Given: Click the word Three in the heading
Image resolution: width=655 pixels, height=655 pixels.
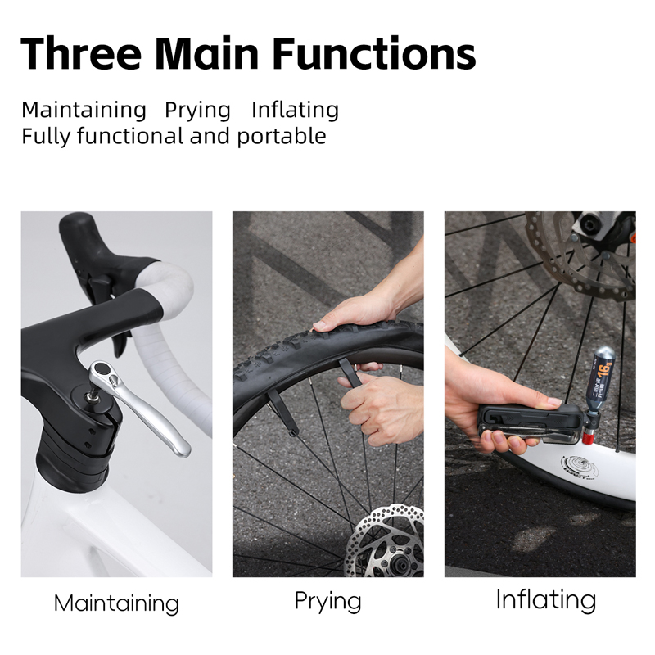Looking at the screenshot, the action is click(80, 53).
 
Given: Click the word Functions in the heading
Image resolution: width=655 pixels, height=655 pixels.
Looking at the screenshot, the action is click(375, 53).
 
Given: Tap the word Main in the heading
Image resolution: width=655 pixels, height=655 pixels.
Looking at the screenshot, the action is click(207, 53).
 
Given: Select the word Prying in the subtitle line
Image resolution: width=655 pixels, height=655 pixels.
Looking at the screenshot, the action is click(197, 111).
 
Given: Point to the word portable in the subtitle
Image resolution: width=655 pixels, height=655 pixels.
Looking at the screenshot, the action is click(282, 136).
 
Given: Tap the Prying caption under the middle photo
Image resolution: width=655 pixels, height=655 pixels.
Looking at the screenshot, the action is click(328, 602).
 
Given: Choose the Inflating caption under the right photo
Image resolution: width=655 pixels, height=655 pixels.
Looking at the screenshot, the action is click(546, 600).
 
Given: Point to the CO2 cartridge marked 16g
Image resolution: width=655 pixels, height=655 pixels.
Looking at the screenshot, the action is click(603, 377).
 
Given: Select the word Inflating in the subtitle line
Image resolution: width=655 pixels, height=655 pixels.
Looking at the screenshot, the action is click(295, 111).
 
